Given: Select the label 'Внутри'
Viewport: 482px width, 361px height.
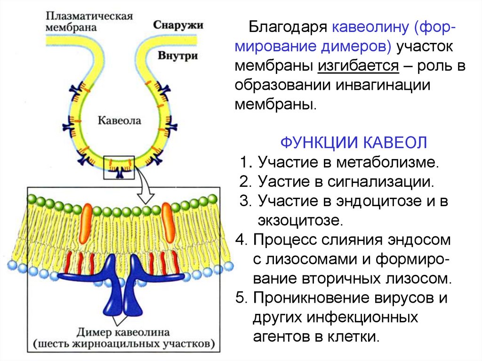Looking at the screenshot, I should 178,55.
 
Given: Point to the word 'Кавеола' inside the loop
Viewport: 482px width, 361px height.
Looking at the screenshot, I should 119,120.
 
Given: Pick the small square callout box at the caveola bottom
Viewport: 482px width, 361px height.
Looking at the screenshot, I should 119,168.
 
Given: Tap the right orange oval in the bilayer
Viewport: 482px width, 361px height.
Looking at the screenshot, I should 168,216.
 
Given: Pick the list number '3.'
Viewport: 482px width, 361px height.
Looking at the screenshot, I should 246,201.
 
